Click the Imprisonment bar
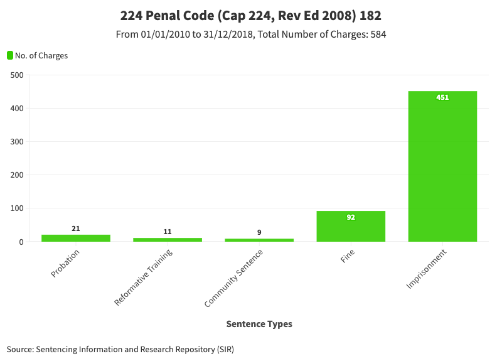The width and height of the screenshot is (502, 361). pyautogui.click(x=442, y=166)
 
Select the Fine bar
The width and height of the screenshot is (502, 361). pyautogui.click(x=351, y=226)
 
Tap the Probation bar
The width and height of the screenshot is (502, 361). pyautogui.click(x=76, y=238)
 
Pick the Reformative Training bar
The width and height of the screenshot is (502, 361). pyautogui.click(x=168, y=240)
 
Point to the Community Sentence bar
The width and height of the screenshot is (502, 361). pyautogui.click(x=259, y=240)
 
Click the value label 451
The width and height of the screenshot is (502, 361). pyautogui.click(x=442, y=97)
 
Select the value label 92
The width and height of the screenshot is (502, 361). pyautogui.click(x=351, y=217)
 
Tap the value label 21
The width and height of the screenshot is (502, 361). pyautogui.click(x=76, y=229)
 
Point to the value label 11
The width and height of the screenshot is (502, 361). pyautogui.click(x=168, y=232)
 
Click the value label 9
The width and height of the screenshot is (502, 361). pyautogui.click(x=259, y=232)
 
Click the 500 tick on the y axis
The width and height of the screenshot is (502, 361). pyautogui.click(x=17, y=75)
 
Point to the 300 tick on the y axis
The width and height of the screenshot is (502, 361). pyautogui.click(x=17, y=142)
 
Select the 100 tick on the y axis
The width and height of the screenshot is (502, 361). pyautogui.click(x=17, y=208)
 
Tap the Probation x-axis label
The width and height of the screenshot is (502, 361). pyautogui.click(x=65, y=263)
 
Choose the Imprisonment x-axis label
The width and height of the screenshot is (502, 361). pyautogui.click(x=426, y=269)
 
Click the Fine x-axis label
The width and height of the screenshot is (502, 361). pyautogui.click(x=348, y=256)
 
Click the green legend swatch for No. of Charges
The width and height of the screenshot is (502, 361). pyautogui.click(x=10, y=55)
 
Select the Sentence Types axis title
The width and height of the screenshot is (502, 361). pyautogui.click(x=259, y=324)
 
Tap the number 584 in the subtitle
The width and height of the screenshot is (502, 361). pyautogui.click(x=378, y=35)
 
